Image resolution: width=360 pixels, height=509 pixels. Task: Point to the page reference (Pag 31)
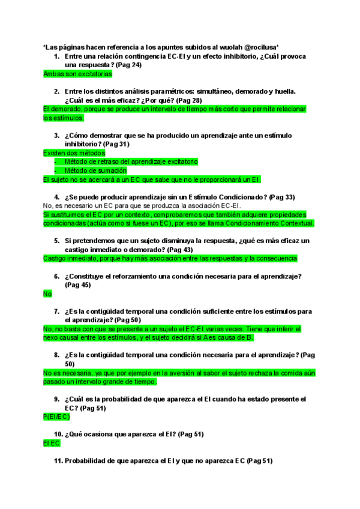click(119, 144)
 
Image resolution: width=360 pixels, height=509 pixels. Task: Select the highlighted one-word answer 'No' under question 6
click(48, 294)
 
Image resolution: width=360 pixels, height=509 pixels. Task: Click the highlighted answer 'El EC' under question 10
click(52, 444)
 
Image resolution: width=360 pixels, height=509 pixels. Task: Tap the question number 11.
click(58, 461)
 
